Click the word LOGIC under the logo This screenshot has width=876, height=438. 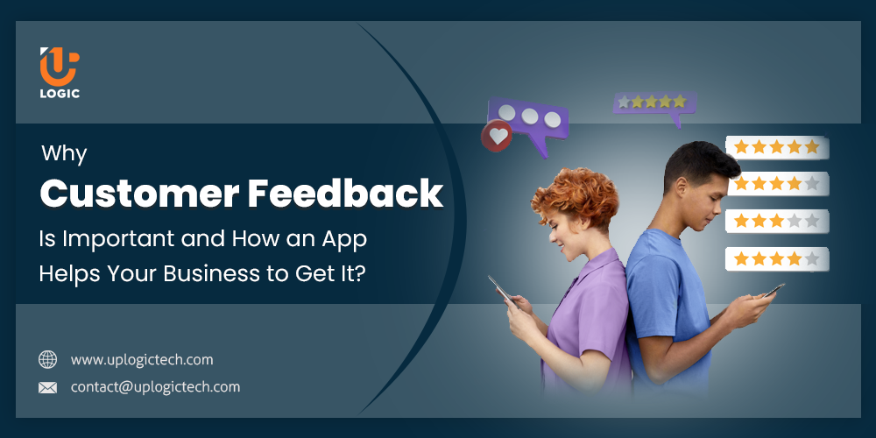[x=59, y=94]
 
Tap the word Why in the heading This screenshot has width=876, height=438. [x=64, y=155]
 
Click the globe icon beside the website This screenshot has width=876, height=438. [x=47, y=360]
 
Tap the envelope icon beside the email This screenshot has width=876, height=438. [x=47, y=387]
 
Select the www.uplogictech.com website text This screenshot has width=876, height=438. [x=142, y=360]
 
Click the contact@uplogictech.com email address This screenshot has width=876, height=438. [x=155, y=387]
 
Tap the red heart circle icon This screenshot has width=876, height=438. [x=498, y=136]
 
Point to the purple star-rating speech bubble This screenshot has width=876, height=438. [x=653, y=103]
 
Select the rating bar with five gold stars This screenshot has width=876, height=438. [x=777, y=147]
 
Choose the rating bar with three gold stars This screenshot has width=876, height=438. [x=777, y=222]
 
